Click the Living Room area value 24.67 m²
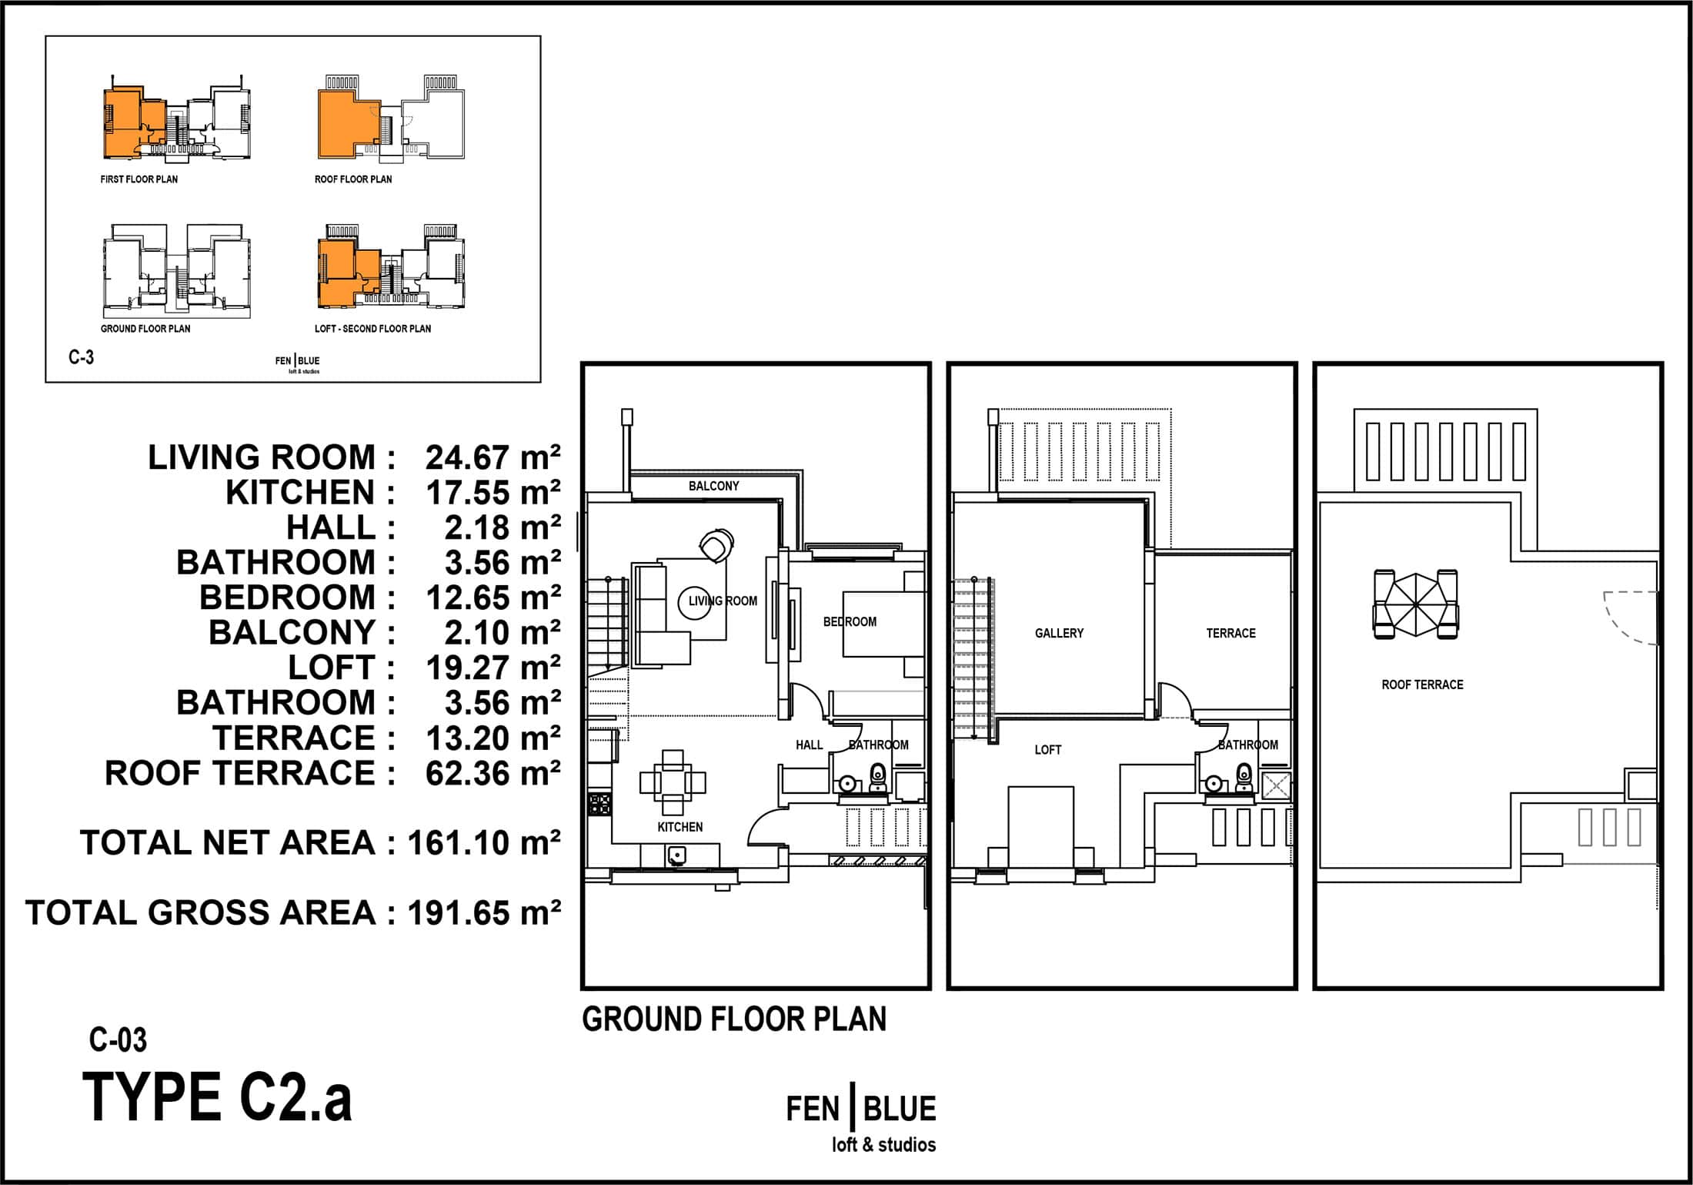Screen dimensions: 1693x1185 click(x=493, y=457)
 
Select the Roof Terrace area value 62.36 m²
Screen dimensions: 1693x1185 click(x=493, y=773)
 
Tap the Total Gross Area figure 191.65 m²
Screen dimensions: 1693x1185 click(x=484, y=913)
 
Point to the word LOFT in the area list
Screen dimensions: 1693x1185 click(x=332, y=668)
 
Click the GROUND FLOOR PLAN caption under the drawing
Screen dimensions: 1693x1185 click(x=734, y=1019)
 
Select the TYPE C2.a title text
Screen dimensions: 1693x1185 click(x=217, y=1097)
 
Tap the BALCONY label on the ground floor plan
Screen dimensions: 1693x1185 click(x=713, y=486)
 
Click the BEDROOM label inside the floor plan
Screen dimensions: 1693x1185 click(x=850, y=621)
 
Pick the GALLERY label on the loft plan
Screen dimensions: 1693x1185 click(x=1059, y=633)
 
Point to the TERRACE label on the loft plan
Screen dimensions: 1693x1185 click(x=1231, y=633)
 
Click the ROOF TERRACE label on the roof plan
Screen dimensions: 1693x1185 click(x=1422, y=685)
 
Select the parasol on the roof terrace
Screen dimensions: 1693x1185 click(x=1416, y=604)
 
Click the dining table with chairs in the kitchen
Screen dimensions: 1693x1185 click(x=673, y=782)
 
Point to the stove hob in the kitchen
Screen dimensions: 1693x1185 click(x=599, y=805)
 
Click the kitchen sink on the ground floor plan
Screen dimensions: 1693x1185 click(x=677, y=855)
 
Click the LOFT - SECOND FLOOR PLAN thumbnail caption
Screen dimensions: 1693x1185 click(x=372, y=329)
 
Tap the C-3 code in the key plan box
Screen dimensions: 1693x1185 click(x=81, y=357)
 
